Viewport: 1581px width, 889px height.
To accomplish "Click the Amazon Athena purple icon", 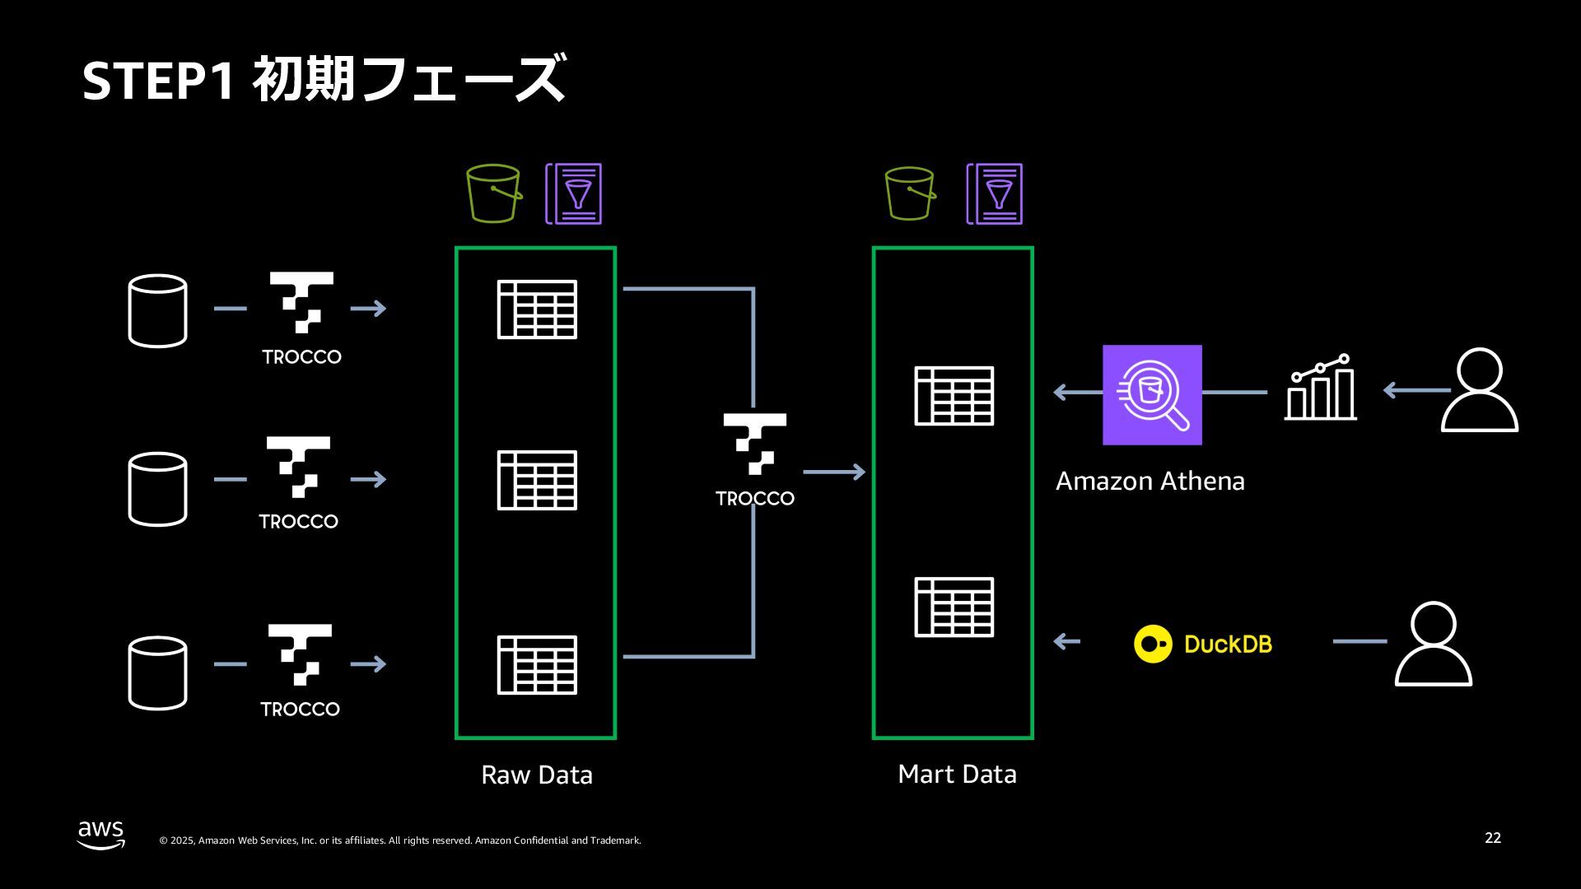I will [1152, 394].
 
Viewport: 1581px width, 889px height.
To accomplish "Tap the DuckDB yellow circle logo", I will [1153, 644].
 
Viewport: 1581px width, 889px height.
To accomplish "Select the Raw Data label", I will [536, 775].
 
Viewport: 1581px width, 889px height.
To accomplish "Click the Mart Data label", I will [957, 774].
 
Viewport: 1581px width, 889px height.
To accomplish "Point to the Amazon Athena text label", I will [1150, 481].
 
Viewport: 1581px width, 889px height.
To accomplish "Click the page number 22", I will [1492, 838].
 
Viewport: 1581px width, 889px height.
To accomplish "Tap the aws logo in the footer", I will [101, 834].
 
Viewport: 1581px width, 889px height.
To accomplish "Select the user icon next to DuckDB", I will [1433, 644].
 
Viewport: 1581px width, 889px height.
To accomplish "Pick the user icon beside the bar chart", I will [1479, 390].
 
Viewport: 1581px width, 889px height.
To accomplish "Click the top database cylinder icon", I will [157, 310].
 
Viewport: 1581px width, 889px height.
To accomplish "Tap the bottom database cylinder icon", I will [157, 673].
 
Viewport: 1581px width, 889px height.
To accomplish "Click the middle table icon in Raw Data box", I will [537, 480].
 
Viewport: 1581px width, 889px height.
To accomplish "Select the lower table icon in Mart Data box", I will [954, 607].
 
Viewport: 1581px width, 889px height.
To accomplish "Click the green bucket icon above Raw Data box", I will [493, 193].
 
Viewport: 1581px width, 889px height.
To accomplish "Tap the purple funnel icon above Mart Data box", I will [995, 194].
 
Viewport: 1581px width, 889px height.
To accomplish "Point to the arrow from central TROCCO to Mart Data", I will [833, 472].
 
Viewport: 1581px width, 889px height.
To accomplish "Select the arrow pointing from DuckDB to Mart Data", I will [1066, 641].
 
